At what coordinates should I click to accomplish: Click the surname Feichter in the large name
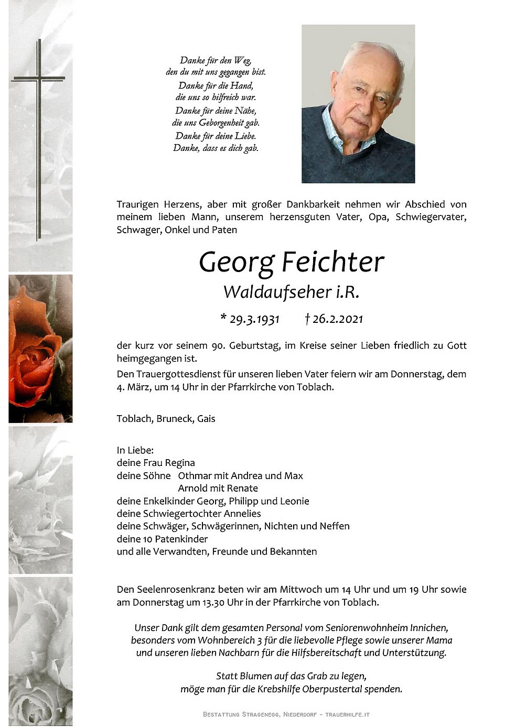tap(333, 262)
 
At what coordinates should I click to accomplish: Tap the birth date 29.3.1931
tap(253, 319)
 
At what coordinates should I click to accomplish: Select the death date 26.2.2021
tap(337, 319)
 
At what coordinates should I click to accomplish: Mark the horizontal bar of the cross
tap(38, 79)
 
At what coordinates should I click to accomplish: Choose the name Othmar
tap(195, 476)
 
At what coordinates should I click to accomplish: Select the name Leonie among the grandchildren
tap(295, 501)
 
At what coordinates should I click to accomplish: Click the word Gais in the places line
tap(206, 419)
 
